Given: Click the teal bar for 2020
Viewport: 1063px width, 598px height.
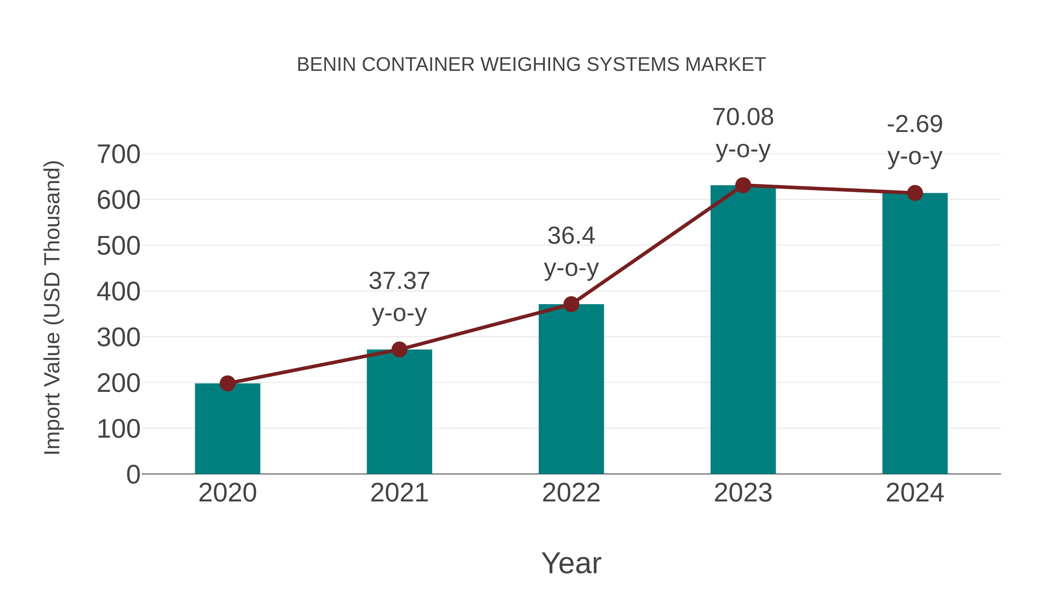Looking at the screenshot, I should (227, 429).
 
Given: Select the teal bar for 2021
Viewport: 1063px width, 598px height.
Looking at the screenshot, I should (399, 413).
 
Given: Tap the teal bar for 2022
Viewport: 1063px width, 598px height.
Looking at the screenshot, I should (571, 390).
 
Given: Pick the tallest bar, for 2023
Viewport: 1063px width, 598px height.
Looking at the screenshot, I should (743, 330).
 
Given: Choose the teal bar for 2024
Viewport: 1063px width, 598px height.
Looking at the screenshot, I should (915, 334).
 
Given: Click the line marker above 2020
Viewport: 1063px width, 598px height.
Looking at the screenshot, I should (227, 383).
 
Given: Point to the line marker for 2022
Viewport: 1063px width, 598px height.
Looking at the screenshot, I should (571, 304).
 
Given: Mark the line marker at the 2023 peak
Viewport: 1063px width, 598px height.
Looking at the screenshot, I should (743, 185).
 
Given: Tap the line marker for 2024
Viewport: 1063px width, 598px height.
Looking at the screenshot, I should (915, 193).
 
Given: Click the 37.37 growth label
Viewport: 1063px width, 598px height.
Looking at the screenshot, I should (399, 281).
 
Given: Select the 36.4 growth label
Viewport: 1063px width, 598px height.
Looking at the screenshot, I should (571, 236).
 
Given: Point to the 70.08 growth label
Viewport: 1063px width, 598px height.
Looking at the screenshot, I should (743, 117).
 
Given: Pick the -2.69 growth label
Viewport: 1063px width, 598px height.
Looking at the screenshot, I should (915, 124).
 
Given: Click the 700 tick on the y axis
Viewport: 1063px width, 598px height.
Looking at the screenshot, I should (118, 155).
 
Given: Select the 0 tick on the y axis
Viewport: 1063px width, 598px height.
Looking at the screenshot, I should (133, 475).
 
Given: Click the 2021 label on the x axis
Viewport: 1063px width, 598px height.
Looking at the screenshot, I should (399, 493).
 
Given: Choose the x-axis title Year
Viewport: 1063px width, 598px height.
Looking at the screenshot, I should (571, 563).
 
